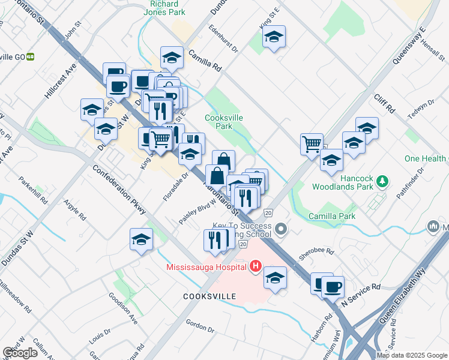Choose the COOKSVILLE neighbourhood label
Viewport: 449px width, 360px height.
(x=210, y=296)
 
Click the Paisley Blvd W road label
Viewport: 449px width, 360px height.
(x=197, y=212)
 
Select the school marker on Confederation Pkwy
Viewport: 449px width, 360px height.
(x=140, y=239)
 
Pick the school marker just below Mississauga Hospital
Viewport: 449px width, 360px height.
(x=275, y=277)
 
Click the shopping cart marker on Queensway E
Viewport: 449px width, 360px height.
(x=312, y=143)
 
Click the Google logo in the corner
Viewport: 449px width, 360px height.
(x=20, y=353)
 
